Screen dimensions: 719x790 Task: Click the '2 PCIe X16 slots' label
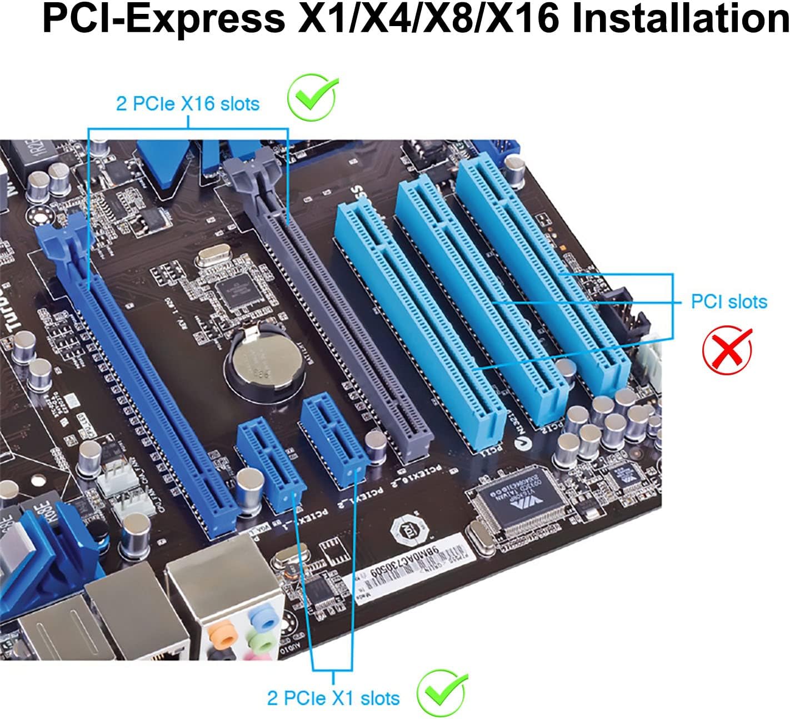click(x=187, y=104)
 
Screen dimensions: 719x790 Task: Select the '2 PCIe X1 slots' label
click(x=333, y=698)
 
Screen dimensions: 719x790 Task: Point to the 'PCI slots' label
click(x=728, y=301)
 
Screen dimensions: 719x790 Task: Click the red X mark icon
click(x=727, y=349)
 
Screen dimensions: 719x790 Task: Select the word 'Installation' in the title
click(x=681, y=19)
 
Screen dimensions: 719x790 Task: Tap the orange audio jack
click(x=221, y=632)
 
